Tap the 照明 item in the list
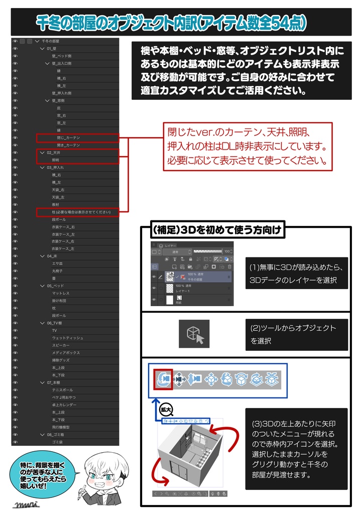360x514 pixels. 56,160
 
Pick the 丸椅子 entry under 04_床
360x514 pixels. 58,271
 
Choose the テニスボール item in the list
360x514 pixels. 62,390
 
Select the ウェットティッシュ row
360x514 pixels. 67,338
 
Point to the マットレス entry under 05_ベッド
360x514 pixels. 61,293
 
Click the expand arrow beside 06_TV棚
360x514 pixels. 42,323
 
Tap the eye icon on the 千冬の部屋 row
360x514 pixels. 15,41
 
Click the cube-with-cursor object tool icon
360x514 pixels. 195,335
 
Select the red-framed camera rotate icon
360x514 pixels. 163,379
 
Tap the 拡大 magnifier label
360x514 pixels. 165,409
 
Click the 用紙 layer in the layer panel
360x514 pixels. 179,300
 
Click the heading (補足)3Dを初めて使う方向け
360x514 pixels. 218,231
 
